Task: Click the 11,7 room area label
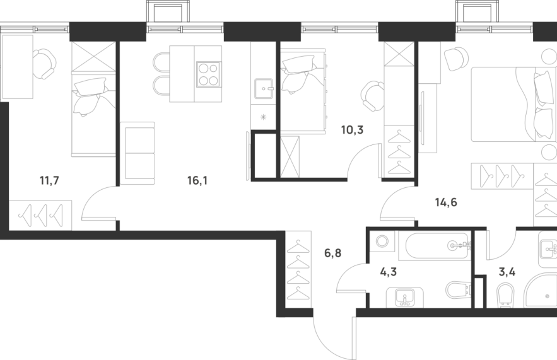[49, 181]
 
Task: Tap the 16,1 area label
[197, 181]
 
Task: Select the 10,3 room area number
[353, 130]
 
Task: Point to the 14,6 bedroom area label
[446, 202]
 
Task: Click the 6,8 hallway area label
[333, 253]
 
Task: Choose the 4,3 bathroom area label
[389, 272]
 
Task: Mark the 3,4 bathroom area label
[507, 272]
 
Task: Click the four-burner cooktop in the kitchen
[208, 74]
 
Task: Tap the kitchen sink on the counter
[264, 89]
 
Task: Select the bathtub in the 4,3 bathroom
[435, 245]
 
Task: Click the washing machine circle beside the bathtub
[382, 241]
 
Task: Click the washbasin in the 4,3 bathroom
[405, 298]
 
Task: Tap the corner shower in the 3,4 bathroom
[541, 291]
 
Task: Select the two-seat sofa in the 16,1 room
[138, 153]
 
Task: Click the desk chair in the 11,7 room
[44, 64]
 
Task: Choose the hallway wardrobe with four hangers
[299, 269]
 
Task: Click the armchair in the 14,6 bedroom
[457, 59]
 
